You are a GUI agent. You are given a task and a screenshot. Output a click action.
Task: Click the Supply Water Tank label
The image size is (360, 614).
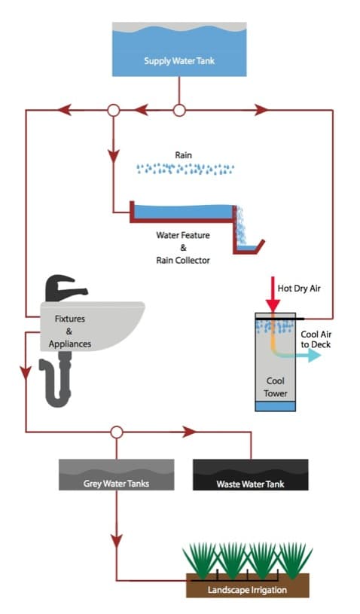click(179, 61)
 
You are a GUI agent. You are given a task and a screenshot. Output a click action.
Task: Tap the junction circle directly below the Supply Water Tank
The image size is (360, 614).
click(179, 111)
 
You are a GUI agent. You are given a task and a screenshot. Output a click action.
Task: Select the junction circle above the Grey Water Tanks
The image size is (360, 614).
click(116, 432)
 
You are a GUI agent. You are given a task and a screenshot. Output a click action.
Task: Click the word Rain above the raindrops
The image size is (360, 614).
click(184, 155)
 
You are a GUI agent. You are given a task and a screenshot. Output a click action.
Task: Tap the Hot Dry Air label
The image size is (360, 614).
click(299, 289)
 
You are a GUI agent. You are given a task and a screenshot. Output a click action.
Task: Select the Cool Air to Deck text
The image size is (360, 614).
click(316, 340)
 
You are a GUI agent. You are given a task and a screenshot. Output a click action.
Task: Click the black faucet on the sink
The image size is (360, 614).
click(65, 289)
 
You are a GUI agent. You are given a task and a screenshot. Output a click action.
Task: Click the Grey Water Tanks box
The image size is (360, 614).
click(116, 475)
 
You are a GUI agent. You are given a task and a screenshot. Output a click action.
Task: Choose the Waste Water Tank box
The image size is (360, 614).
click(251, 475)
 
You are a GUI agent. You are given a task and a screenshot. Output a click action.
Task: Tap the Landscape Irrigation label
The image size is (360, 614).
click(247, 590)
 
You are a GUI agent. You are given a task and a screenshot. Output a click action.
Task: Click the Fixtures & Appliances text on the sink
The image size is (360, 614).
click(69, 331)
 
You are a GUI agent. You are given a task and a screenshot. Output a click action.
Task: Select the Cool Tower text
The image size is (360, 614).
click(276, 387)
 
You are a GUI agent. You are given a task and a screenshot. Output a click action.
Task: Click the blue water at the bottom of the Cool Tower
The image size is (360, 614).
click(276, 406)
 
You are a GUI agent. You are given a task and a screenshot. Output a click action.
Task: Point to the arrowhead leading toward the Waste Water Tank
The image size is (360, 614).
click(189, 432)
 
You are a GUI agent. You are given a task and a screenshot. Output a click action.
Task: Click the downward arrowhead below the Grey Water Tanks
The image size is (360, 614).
click(116, 542)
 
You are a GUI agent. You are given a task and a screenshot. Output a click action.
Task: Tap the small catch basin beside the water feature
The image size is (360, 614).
click(247, 246)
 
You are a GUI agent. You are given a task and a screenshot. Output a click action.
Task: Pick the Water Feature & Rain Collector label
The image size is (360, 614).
click(183, 247)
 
